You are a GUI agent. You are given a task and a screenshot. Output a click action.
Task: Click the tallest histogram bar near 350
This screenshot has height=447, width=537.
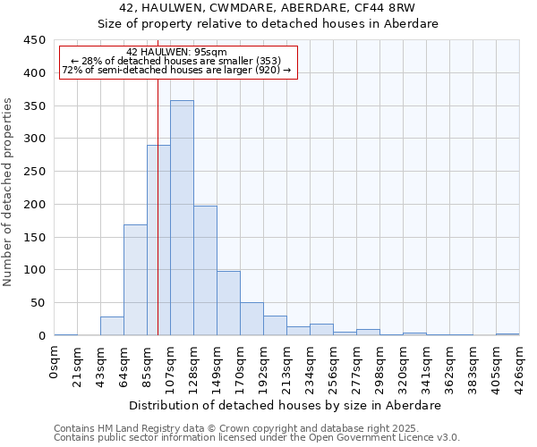tap(182, 218)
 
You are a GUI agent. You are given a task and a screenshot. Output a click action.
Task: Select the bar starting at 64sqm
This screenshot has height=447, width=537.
tap(135, 280)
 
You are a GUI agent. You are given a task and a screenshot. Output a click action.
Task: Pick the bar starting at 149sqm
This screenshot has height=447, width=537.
tap(228, 303)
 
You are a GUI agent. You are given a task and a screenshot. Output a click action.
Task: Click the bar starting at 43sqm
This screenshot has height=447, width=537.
tap(112, 326)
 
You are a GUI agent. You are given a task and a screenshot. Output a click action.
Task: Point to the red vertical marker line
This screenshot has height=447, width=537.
tap(158, 206)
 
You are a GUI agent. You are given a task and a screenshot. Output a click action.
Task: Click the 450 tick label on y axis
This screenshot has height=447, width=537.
tap(35, 40)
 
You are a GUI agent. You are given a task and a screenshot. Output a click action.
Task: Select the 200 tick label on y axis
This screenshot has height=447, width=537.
tap(35, 205)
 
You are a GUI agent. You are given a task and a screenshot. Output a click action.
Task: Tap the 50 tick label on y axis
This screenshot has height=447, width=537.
tap(38, 303)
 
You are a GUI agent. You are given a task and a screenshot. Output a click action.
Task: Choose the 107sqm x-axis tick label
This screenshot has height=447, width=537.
tap(171, 364)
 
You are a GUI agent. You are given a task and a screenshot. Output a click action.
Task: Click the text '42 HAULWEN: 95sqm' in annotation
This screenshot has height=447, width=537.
tap(177, 52)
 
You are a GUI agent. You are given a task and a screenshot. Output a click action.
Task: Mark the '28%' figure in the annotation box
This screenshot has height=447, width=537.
tap(91, 61)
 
